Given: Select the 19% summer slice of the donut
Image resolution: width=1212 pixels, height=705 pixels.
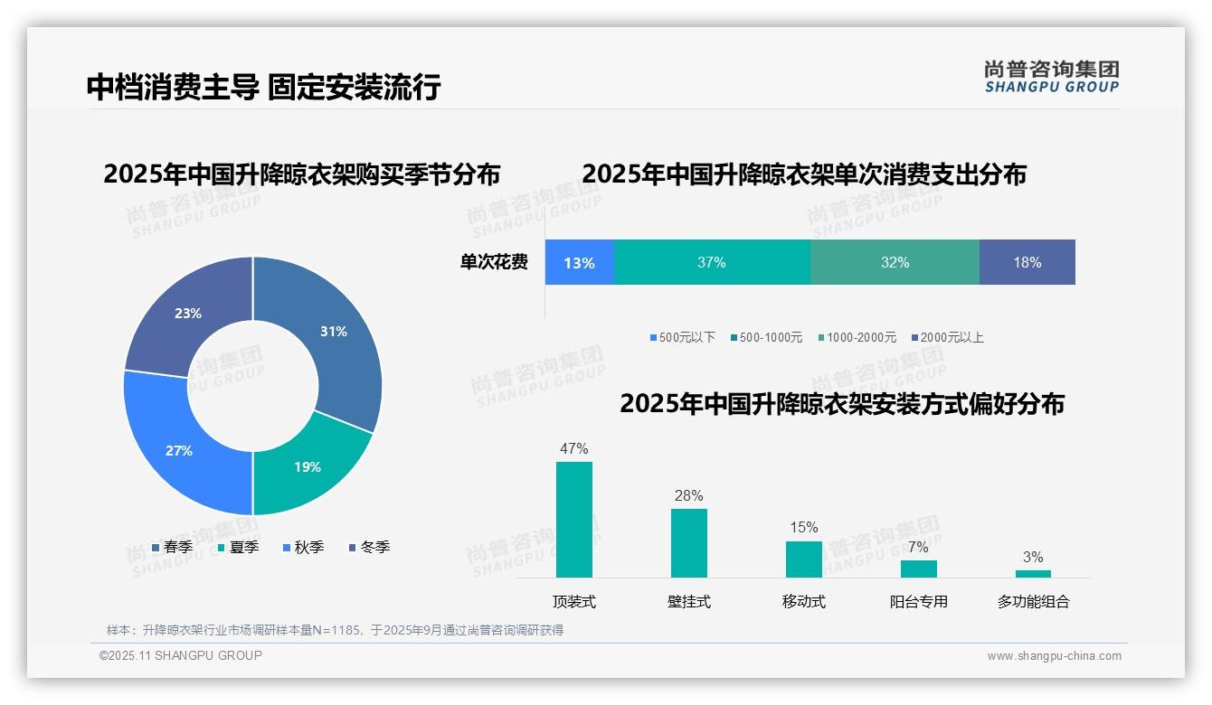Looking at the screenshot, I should tap(308, 466).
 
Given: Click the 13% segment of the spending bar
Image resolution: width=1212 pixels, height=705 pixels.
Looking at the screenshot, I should tap(580, 263).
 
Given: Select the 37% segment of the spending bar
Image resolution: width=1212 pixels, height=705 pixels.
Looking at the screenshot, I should tap(712, 263).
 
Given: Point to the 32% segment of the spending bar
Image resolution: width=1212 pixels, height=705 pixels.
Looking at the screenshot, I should tap(895, 263).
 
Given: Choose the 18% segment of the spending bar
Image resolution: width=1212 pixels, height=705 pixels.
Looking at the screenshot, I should tap(1027, 263).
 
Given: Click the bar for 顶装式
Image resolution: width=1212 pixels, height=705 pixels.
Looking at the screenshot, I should tap(574, 520).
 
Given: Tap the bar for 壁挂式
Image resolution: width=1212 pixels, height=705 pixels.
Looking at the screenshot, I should tap(689, 543).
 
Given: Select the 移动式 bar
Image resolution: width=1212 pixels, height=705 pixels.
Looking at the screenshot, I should tap(804, 559).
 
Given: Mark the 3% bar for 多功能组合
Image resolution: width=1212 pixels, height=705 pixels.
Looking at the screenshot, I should tap(1033, 574).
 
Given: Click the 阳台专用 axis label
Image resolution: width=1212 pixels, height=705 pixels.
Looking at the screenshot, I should tap(919, 602).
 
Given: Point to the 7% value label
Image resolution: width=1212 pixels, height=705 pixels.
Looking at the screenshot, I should tap(918, 548).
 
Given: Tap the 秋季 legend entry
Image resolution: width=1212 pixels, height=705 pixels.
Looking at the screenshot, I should tap(303, 548).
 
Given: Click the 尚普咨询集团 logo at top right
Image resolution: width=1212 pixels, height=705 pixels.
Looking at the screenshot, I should tap(1052, 76).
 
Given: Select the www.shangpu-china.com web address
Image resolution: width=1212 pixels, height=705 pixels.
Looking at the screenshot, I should tap(1054, 656).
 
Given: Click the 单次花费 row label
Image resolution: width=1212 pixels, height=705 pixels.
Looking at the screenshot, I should tap(494, 263).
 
